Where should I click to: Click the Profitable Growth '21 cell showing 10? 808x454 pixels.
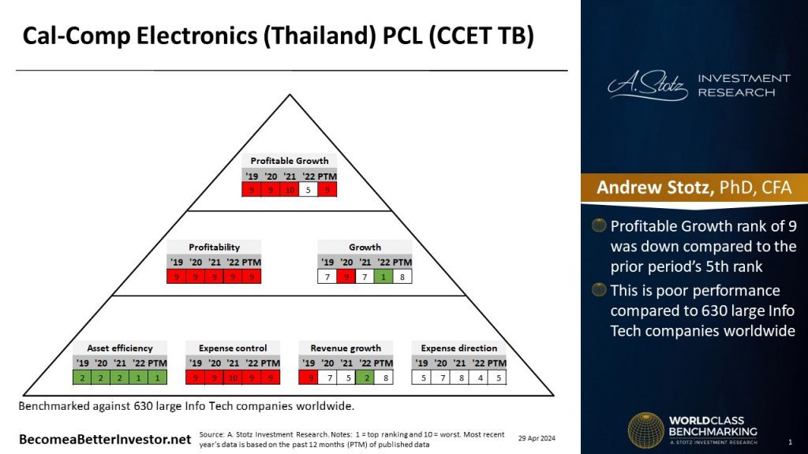coord(290,189)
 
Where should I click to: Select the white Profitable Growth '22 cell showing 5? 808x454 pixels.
coord(309,189)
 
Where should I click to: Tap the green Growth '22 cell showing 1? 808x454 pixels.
coord(384,277)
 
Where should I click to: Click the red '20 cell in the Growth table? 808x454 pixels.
coord(346,277)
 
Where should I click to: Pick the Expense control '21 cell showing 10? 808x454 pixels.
coord(233,378)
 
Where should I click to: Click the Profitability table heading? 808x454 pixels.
coord(214,247)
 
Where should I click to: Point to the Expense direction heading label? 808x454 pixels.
coord(458,348)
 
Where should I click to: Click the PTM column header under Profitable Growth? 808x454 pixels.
coord(327,174)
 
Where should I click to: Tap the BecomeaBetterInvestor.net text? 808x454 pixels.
coord(105,438)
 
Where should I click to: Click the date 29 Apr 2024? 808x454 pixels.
coord(537,437)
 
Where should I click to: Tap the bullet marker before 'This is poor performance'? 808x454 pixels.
coord(600,291)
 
